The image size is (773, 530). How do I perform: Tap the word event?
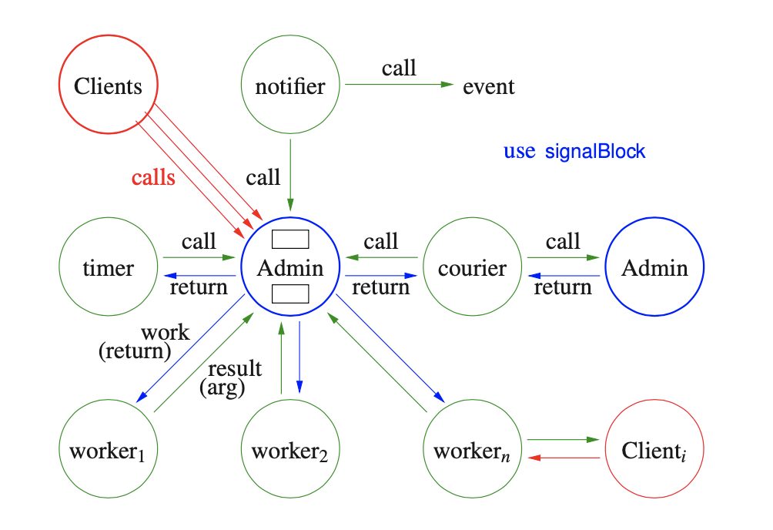click(489, 86)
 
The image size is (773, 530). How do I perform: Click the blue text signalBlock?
click(595, 151)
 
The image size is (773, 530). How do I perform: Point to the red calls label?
click(153, 178)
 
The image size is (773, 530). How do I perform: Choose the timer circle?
click(109, 268)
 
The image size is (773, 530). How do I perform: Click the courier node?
click(472, 268)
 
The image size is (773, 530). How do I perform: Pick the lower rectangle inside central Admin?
click(290, 294)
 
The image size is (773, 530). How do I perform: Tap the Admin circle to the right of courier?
click(654, 268)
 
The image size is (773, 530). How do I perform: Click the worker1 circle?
click(109, 451)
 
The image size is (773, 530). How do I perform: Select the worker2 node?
click(290, 451)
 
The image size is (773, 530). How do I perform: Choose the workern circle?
click(472, 451)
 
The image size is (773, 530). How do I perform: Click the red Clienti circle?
click(654, 451)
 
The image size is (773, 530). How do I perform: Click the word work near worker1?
click(164, 333)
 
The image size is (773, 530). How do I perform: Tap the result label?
click(235, 368)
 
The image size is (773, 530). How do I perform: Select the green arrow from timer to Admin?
click(199, 258)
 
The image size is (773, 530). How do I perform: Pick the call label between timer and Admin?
click(199, 241)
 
